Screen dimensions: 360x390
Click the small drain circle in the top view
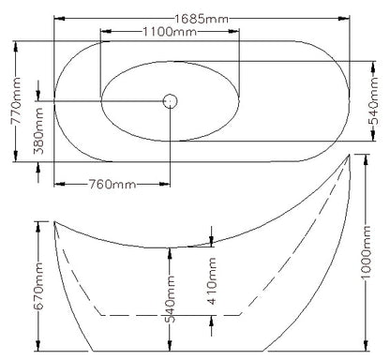click(x=171, y=100)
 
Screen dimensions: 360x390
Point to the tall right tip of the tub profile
click(x=351, y=155)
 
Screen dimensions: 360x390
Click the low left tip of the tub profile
click(x=55, y=223)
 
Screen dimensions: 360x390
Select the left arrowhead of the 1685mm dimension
click(x=58, y=16)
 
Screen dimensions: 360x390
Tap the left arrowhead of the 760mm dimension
click(x=58, y=183)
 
